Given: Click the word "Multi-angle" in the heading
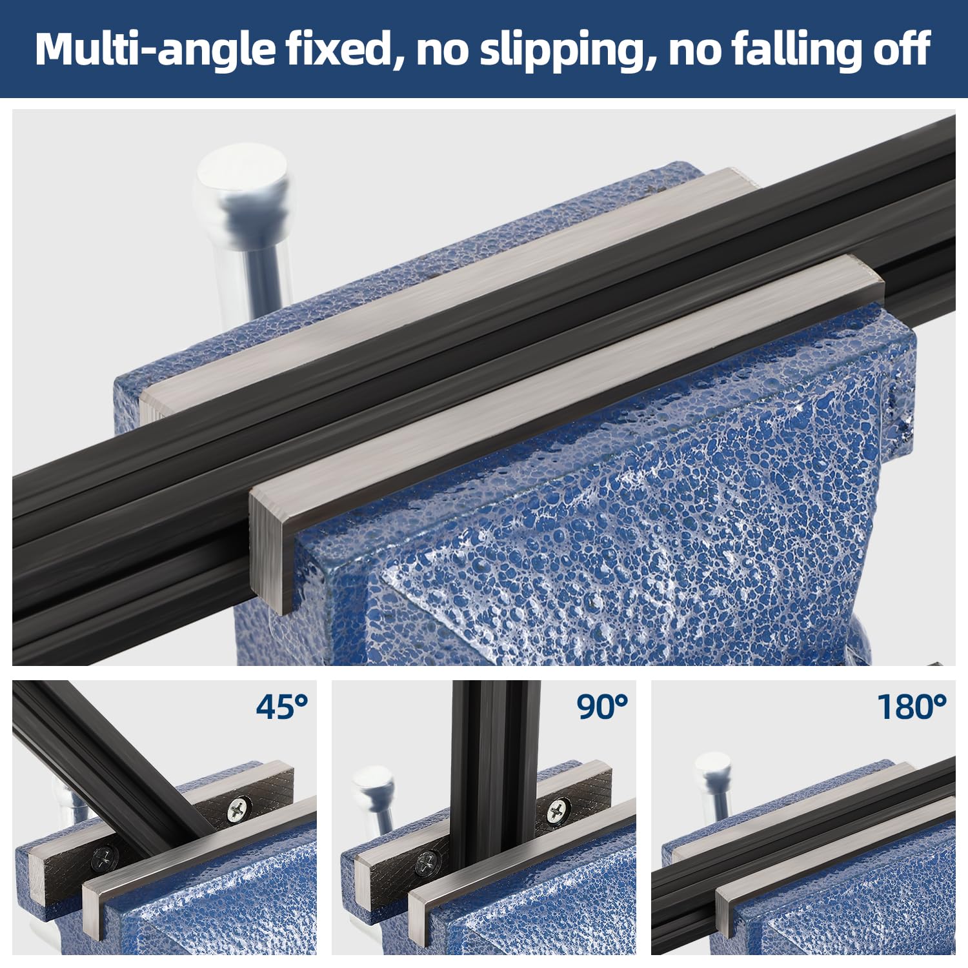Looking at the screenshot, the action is (x=155, y=49).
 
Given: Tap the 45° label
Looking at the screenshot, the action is (x=282, y=707).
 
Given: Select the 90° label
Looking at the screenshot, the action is (x=602, y=707).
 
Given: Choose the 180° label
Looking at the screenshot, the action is (x=912, y=707).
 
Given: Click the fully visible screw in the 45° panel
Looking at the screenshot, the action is (x=238, y=809).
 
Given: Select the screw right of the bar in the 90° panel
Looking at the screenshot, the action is (x=558, y=809).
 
